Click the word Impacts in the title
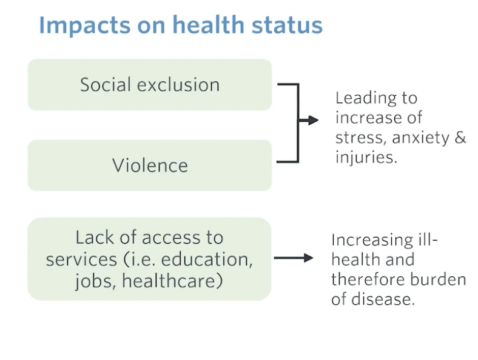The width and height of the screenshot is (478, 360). click(85, 25)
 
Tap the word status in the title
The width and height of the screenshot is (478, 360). click(287, 25)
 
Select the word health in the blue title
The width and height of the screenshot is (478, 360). click(208, 24)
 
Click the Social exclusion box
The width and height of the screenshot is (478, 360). click(150, 85)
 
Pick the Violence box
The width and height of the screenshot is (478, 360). click(150, 165)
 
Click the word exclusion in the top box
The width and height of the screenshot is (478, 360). click(178, 85)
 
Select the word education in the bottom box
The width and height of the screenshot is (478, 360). click(207, 259)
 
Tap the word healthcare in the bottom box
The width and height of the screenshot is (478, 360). click(172, 281)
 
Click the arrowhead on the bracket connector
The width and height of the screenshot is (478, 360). click(313, 121)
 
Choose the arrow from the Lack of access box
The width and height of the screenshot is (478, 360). click(294, 258)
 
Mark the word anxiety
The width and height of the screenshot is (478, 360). click(421, 138)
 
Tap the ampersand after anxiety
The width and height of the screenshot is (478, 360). click(460, 138)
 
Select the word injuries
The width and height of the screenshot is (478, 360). click(366, 158)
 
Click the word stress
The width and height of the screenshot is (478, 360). click(361, 138)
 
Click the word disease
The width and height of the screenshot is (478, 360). click(383, 299)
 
